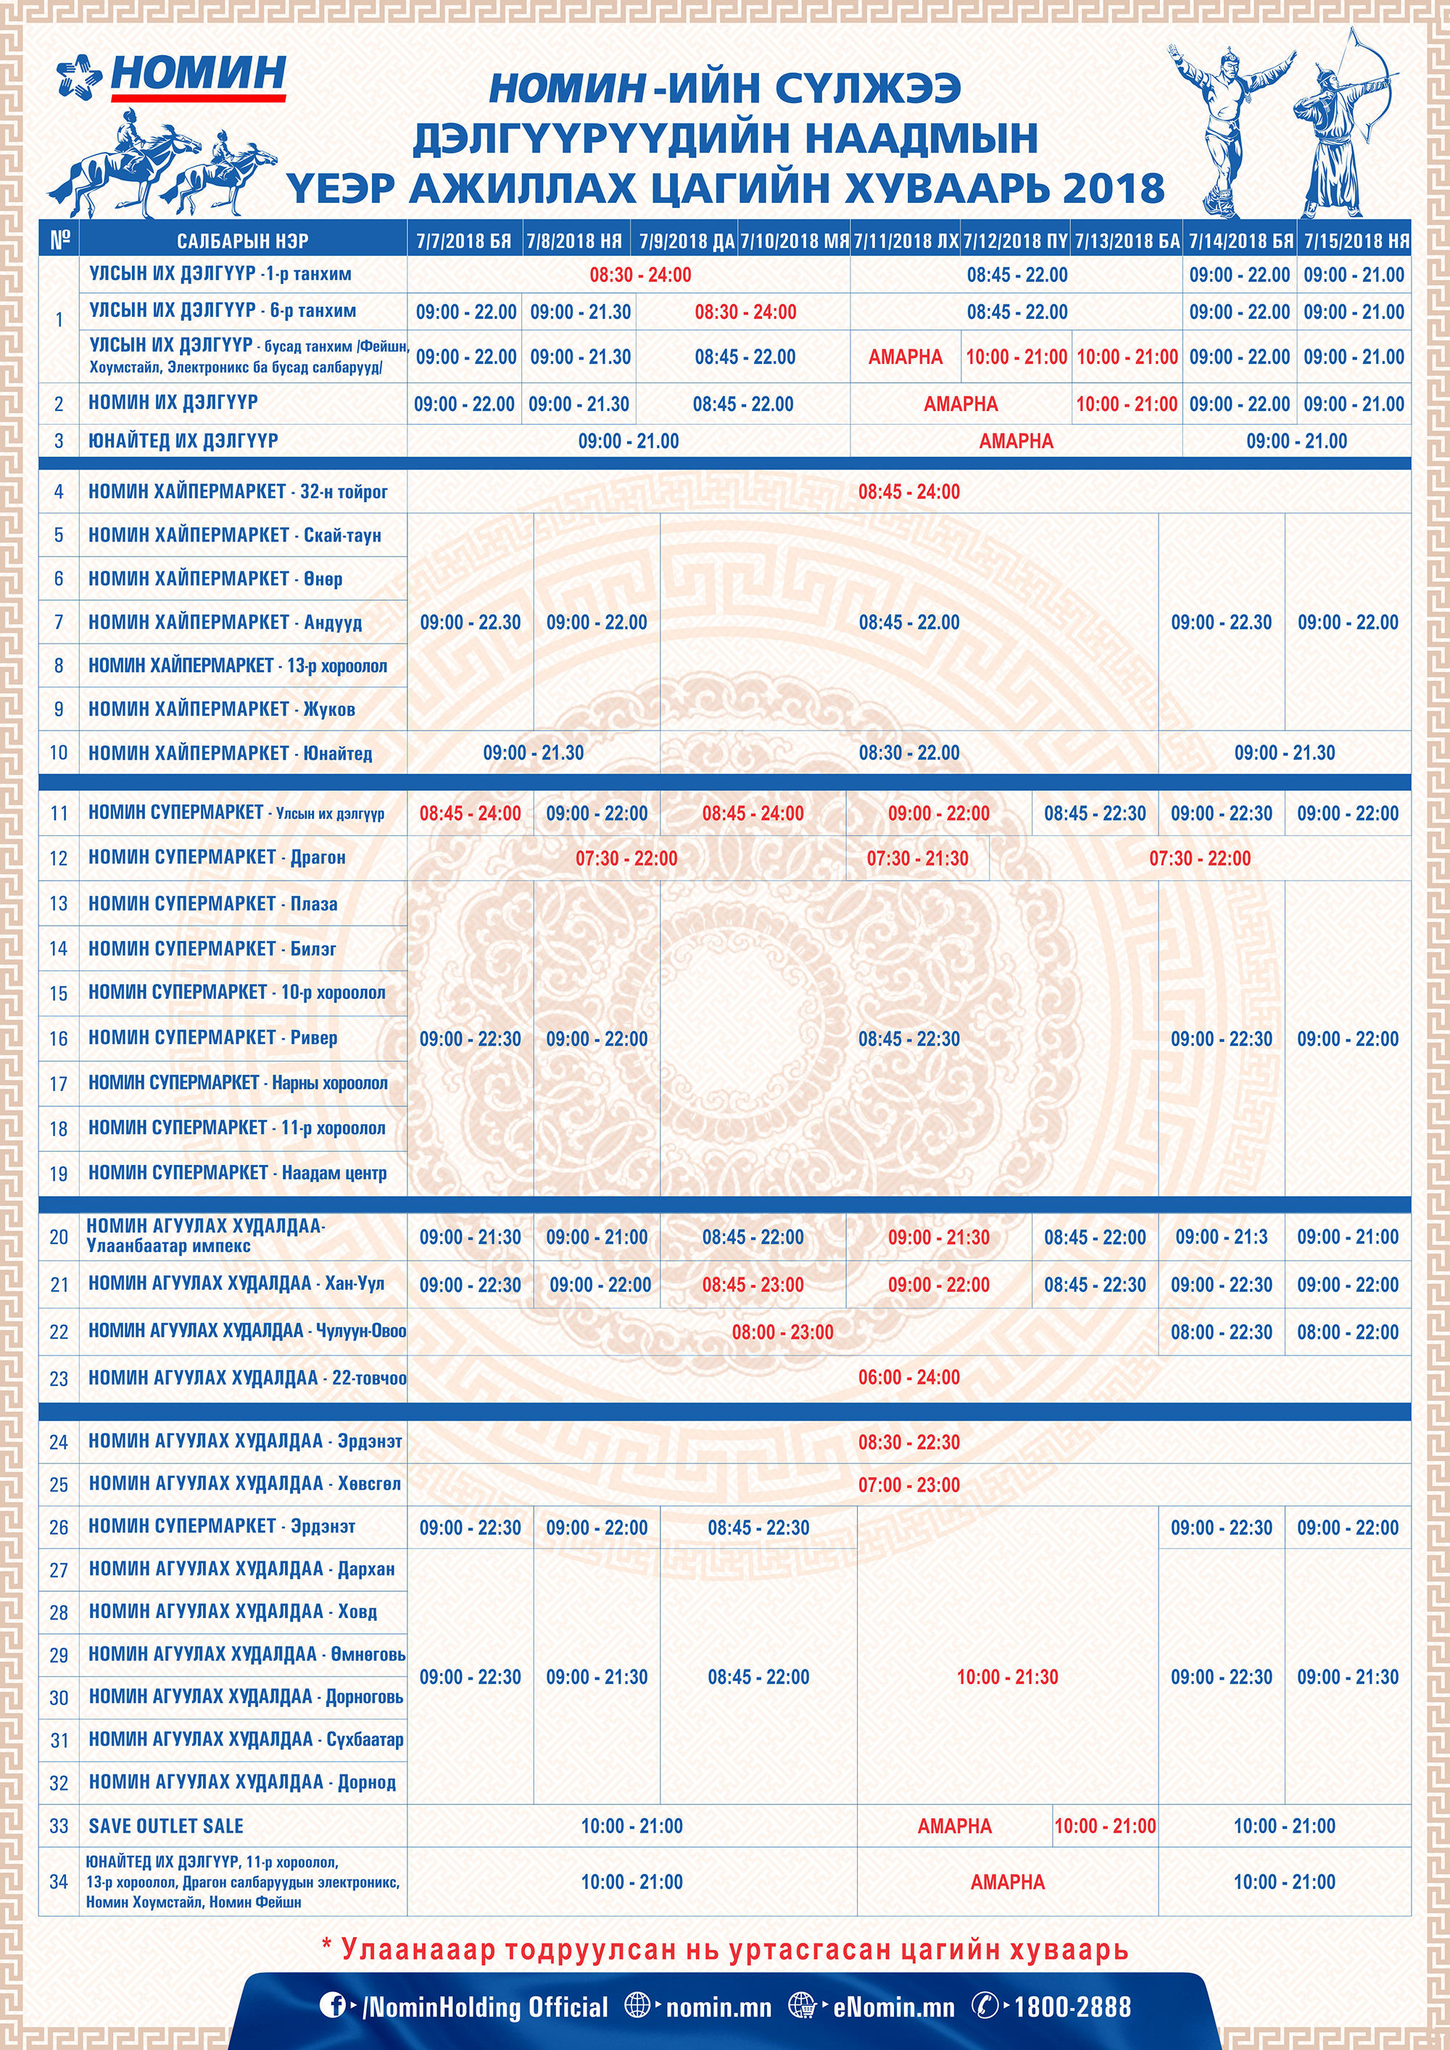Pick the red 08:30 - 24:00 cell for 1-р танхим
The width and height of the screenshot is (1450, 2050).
click(x=640, y=275)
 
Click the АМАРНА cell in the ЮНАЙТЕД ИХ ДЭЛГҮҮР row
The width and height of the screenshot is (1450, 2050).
click(x=1015, y=441)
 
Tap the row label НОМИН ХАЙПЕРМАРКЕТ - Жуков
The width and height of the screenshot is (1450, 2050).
click(x=221, y=709)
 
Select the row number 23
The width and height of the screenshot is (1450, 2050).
click(x=59, y=1379)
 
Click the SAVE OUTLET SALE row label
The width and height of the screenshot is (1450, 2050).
click(x=166, y=1826)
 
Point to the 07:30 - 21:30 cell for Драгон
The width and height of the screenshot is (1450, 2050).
click(x=917, y=858)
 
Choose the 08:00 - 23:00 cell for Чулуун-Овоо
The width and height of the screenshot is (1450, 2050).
click(x=782, y=1332)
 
